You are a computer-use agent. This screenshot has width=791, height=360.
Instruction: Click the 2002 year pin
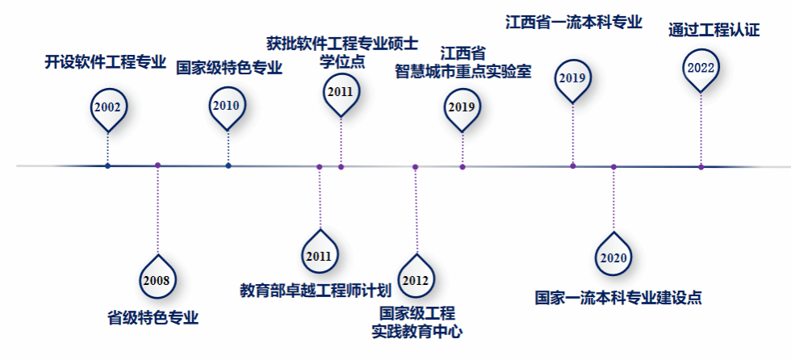tap(107, 107)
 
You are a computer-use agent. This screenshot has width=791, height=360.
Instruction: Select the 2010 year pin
tap(227, 106)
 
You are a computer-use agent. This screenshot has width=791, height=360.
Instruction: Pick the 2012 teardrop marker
tap(415, 279)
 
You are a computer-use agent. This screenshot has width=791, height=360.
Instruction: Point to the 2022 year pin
tap(701, 68)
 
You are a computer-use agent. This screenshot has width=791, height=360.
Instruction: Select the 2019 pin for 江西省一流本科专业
tap(572, 78)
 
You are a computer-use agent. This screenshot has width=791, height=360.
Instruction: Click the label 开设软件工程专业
tap(105, 62)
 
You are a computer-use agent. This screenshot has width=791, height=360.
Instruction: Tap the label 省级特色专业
tap(153, 317)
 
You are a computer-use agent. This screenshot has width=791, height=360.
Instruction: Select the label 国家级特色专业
tap(229, 67)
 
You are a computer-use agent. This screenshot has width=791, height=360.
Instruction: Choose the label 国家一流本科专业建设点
tap(618, 297)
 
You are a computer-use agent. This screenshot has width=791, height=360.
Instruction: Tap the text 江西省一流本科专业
tap(574, 22)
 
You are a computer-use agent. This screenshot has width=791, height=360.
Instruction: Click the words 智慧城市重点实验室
tap(463, 71)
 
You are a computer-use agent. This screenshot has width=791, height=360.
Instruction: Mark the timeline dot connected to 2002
tap(107, 165)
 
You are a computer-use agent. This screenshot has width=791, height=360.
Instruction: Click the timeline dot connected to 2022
tap(701, 166)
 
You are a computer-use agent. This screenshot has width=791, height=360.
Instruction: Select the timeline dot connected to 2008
tap(157, 165)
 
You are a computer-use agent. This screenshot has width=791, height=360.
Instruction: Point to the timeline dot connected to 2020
tap(613, 166)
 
